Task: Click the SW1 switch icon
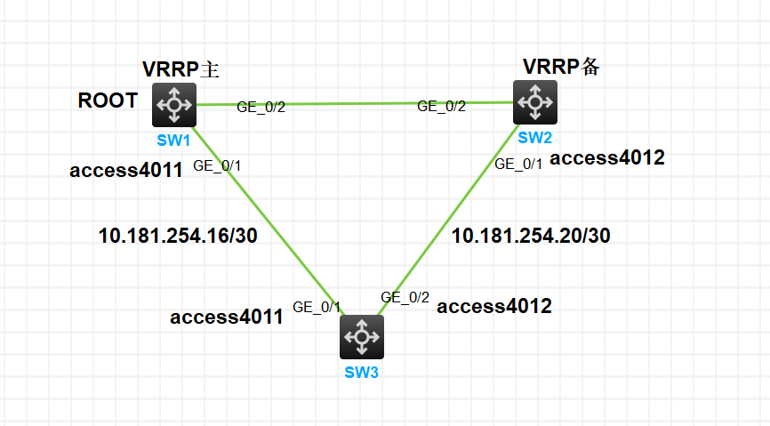[x=174, y=104]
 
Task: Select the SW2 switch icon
[x=535, y=102]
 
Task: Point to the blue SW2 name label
[x=535, y=137]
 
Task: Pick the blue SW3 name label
[x=362, y=372]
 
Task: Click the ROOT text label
[x=108, y=100]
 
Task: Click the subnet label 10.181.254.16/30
[x=178, y=236]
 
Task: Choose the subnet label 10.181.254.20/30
[x=532, y=236]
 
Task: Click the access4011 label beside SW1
[x=126, y=170]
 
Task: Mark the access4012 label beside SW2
[x=608, y=158]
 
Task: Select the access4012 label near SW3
[x=494, y=307]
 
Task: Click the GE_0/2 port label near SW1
[x=261, y=107]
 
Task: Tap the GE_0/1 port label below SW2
[x=518, y=164]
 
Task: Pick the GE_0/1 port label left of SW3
[x=317, y=309]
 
